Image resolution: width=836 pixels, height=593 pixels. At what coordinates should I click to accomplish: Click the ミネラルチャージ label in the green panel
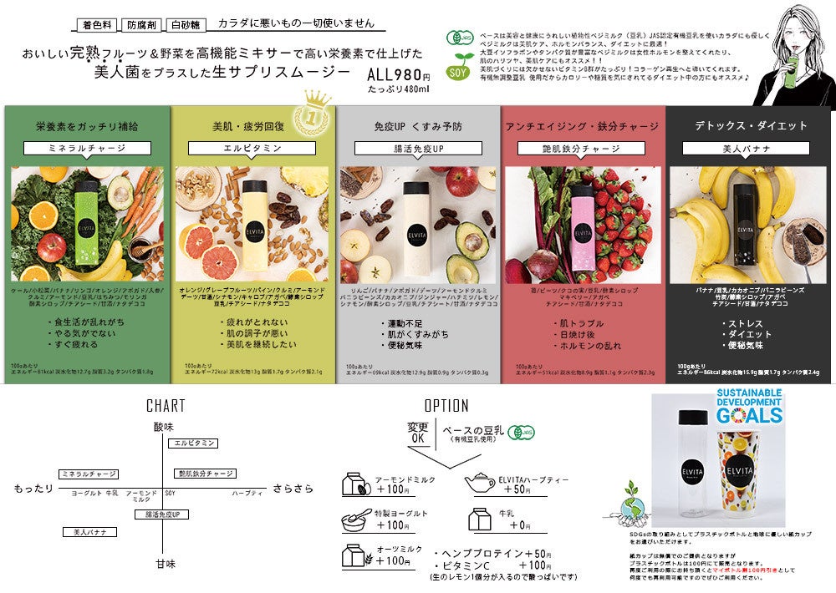87,148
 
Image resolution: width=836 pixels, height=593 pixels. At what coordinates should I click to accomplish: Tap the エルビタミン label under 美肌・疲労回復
252,148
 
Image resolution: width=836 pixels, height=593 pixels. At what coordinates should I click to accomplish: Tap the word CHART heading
166,406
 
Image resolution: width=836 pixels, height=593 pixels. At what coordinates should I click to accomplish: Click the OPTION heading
446,406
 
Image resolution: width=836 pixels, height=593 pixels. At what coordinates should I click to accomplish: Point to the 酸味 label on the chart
165,427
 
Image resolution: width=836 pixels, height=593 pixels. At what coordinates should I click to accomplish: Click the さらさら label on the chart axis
293,488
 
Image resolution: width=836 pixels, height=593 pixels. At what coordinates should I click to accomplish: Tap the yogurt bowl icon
356,520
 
